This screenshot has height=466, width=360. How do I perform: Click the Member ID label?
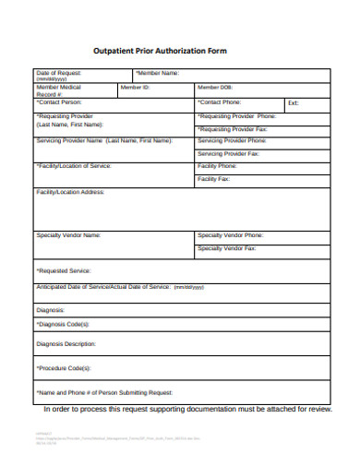tap(135, 87)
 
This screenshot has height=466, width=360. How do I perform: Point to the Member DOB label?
tap(214, 87)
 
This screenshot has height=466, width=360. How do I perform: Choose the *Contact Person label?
tap(59, 102)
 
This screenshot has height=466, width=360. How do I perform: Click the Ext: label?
tap(294, 102)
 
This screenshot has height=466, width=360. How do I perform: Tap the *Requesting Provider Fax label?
tap(233, 129)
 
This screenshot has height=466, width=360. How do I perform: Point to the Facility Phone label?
tap(218, 166)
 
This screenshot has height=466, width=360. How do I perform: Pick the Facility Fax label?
tap(214, 178)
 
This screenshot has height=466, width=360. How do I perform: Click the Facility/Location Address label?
tap(70, 192)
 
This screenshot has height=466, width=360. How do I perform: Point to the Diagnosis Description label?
tap(66, 344)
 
